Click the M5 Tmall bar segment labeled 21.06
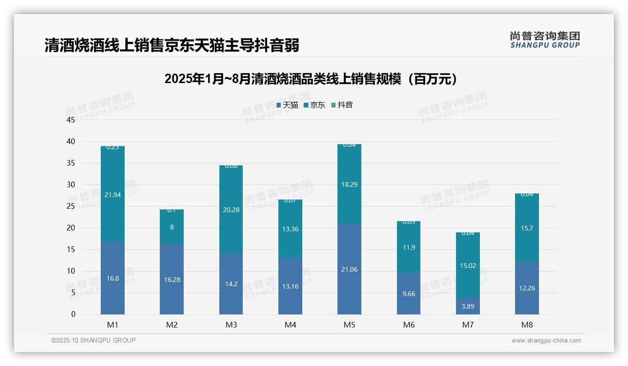(x=349, y=269)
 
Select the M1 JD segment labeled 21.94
(x=112, y=195)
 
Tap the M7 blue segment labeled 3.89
(x=468, y=306)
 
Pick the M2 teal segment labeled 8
(x=172, y=227)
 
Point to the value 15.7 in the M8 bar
(x=527, y=228)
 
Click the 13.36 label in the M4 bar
(x=290, y=229)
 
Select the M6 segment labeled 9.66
(x=409, y=294)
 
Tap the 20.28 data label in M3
(x=231, y=210)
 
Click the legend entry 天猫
(x=287, y=105)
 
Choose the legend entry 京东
(x=314, y=105)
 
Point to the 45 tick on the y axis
(x=71, y=120)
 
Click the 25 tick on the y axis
(x=71, y=206)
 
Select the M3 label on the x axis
(x=231, y=325)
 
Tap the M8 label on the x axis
(x=527, y=325)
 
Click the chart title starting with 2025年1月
(x=311, y=79)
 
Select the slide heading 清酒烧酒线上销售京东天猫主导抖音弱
(x=172, y=46)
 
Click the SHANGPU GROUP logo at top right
(x=545, y=39)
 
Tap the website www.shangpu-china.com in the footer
(x=546, y=341)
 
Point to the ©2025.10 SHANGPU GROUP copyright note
(x=94, y=340)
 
